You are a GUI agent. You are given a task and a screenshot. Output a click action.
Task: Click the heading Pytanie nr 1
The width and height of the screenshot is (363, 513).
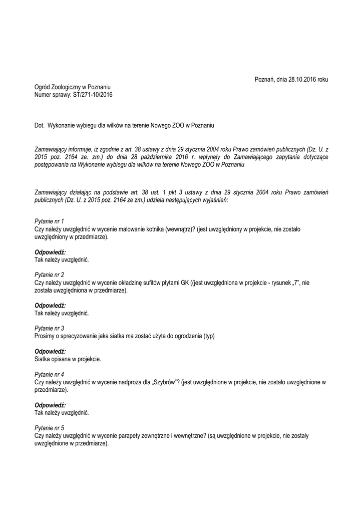tap(49, 221)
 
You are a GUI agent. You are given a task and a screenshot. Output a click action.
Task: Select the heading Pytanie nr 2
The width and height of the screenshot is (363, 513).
tap(49, 275)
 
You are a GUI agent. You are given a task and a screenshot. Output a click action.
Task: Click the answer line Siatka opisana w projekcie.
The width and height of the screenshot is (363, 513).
tap(68, 359)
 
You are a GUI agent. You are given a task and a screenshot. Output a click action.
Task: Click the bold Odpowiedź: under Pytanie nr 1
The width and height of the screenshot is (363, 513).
tap(50, 252)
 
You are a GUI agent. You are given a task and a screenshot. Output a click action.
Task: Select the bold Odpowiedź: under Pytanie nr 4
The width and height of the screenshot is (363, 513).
tap(50, 406)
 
